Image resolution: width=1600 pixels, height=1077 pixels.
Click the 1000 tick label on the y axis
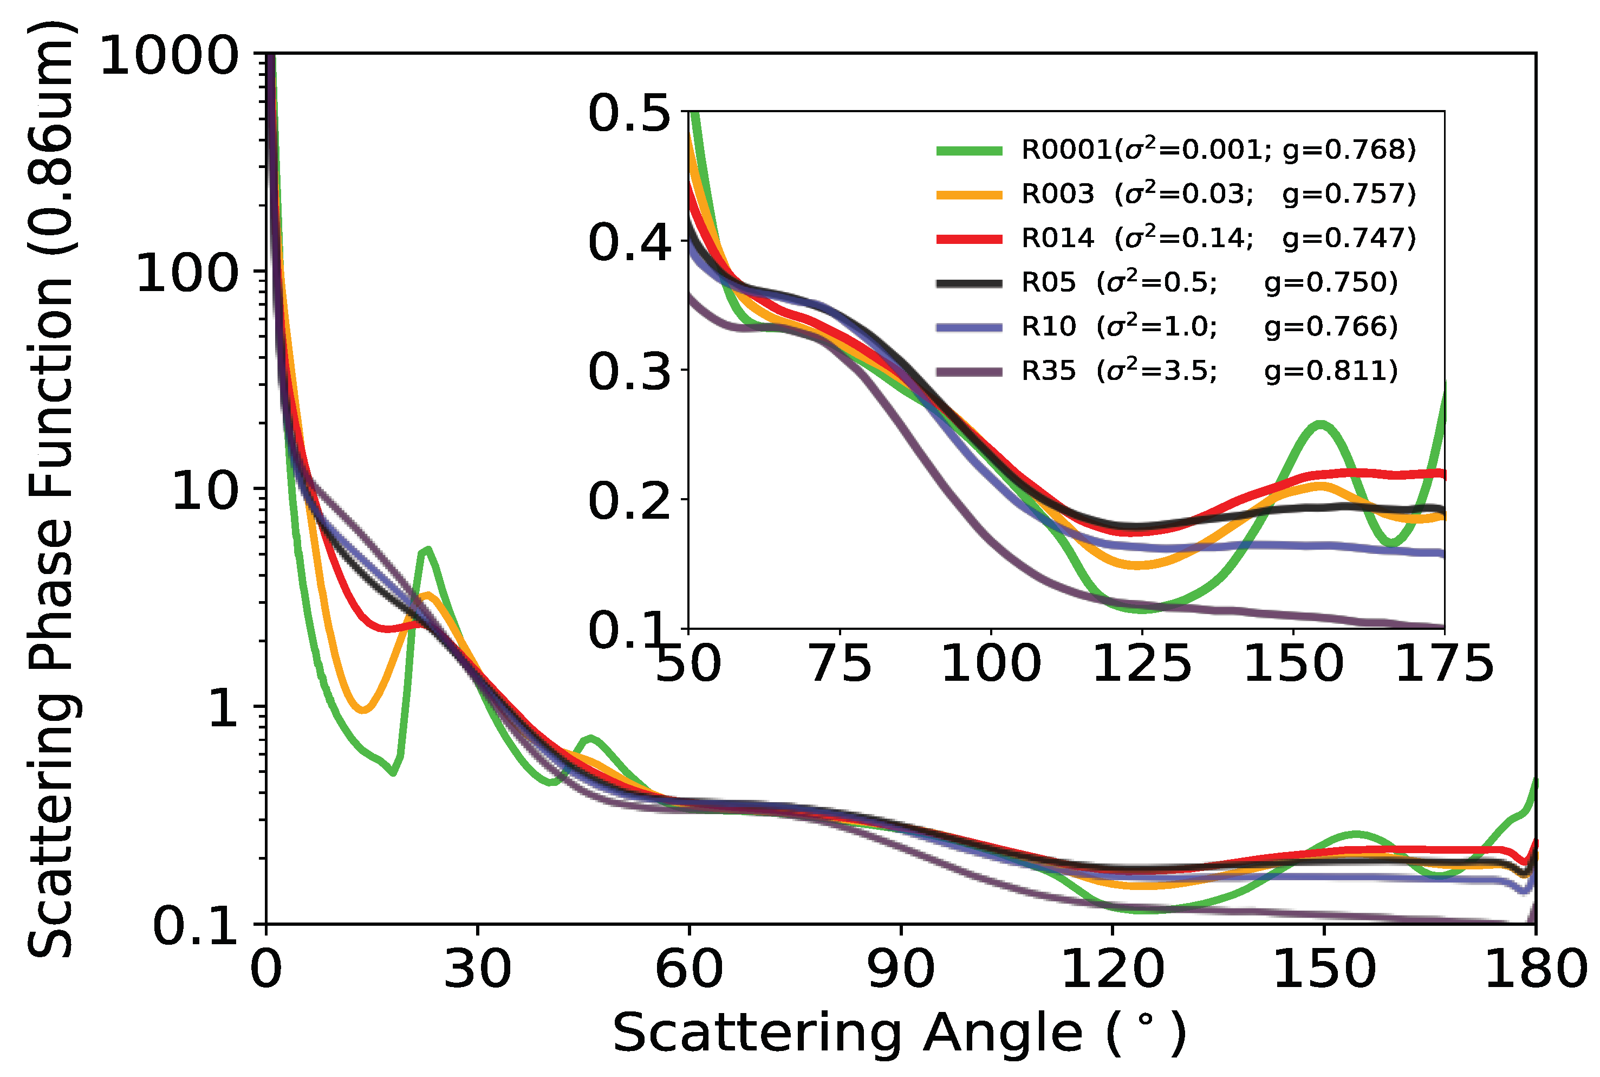(169, 56)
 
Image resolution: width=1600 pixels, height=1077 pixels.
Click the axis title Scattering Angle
(899, 1033)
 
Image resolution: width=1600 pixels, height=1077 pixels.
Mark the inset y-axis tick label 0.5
(629, 114)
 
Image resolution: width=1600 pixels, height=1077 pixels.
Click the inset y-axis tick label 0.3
(629, 372)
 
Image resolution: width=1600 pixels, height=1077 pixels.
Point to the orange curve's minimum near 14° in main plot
(363, 710)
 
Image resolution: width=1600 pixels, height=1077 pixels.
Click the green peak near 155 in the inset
(1319, 424)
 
